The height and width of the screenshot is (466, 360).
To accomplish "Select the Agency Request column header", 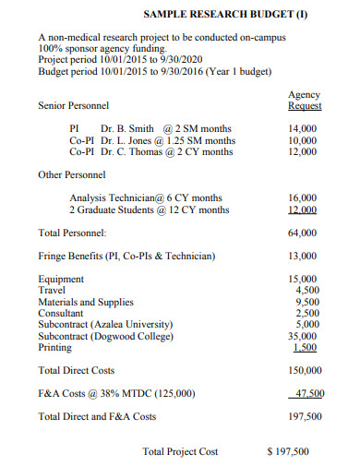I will [x=304, y=101].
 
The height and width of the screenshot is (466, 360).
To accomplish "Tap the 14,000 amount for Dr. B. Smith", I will [x=304, y=128].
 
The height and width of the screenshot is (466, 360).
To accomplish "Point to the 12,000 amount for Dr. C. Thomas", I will [x=304, y=152].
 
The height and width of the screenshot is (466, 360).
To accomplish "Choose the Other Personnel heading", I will [x=72, y=174].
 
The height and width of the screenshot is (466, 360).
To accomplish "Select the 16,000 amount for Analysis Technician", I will [x=304, y=197].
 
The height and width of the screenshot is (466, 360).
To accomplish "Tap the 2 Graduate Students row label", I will [x=110, y=209].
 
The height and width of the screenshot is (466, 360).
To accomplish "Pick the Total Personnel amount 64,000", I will [x=304, y=233].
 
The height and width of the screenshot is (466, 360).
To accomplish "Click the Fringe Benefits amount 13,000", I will [x=304, y=256].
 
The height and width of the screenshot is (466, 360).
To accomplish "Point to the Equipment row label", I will [x=61, y=279].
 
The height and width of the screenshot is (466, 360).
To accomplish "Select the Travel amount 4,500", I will [x=306, y=290].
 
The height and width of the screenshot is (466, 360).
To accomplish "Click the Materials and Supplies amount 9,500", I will [x=306, y=302].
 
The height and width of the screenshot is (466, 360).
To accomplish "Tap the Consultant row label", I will [x=62, y=313].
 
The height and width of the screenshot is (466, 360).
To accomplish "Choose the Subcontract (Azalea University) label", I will [x=105, y=325].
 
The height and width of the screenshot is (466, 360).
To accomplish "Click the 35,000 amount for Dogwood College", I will [x=304, y=336].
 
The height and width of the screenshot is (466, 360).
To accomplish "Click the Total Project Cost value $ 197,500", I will [x=287, y=451].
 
